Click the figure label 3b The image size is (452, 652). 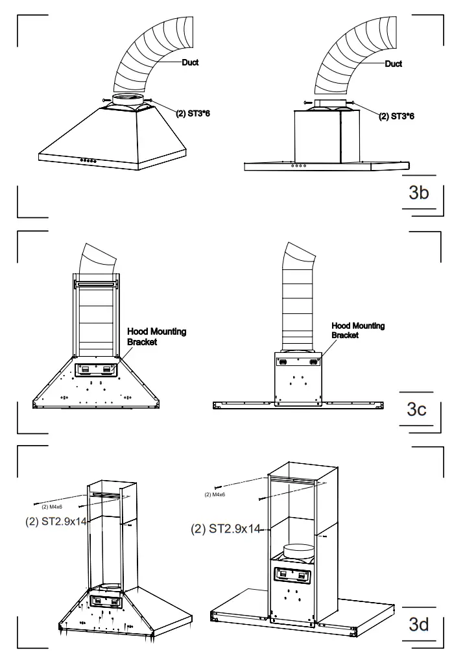pyautogui.click(x=418, y=193)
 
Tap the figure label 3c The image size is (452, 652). pyautogui.click(x=416, y=409)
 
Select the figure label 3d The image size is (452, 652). pyautogui.click(x=418, y=624)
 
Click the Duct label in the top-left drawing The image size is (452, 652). pyautogui.click(x=189, y=63)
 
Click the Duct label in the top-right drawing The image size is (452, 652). pyautogui.click(x=393, y=64)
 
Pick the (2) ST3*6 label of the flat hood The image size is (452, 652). pyautogui.click(x=397, y=116)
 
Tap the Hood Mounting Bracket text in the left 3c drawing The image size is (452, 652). pyautogui.click(x=156, y=336)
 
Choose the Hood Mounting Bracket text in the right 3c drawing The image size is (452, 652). pyautogui.click(x=358, y=330)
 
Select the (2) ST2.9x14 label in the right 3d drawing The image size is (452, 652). pyautogui.click(x=225, y=529)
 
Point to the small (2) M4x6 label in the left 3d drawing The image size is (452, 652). pyautogui.click(x=52, y=506)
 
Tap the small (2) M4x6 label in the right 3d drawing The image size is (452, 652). pyautogui.click(x=214, y=495)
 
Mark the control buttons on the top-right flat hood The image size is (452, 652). pyautogui.click(x=299, y=165)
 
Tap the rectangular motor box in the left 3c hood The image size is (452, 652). pyautogui.click(x=96, y=369)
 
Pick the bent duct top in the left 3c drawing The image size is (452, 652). pyautogui.click(x=97, y=258)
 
